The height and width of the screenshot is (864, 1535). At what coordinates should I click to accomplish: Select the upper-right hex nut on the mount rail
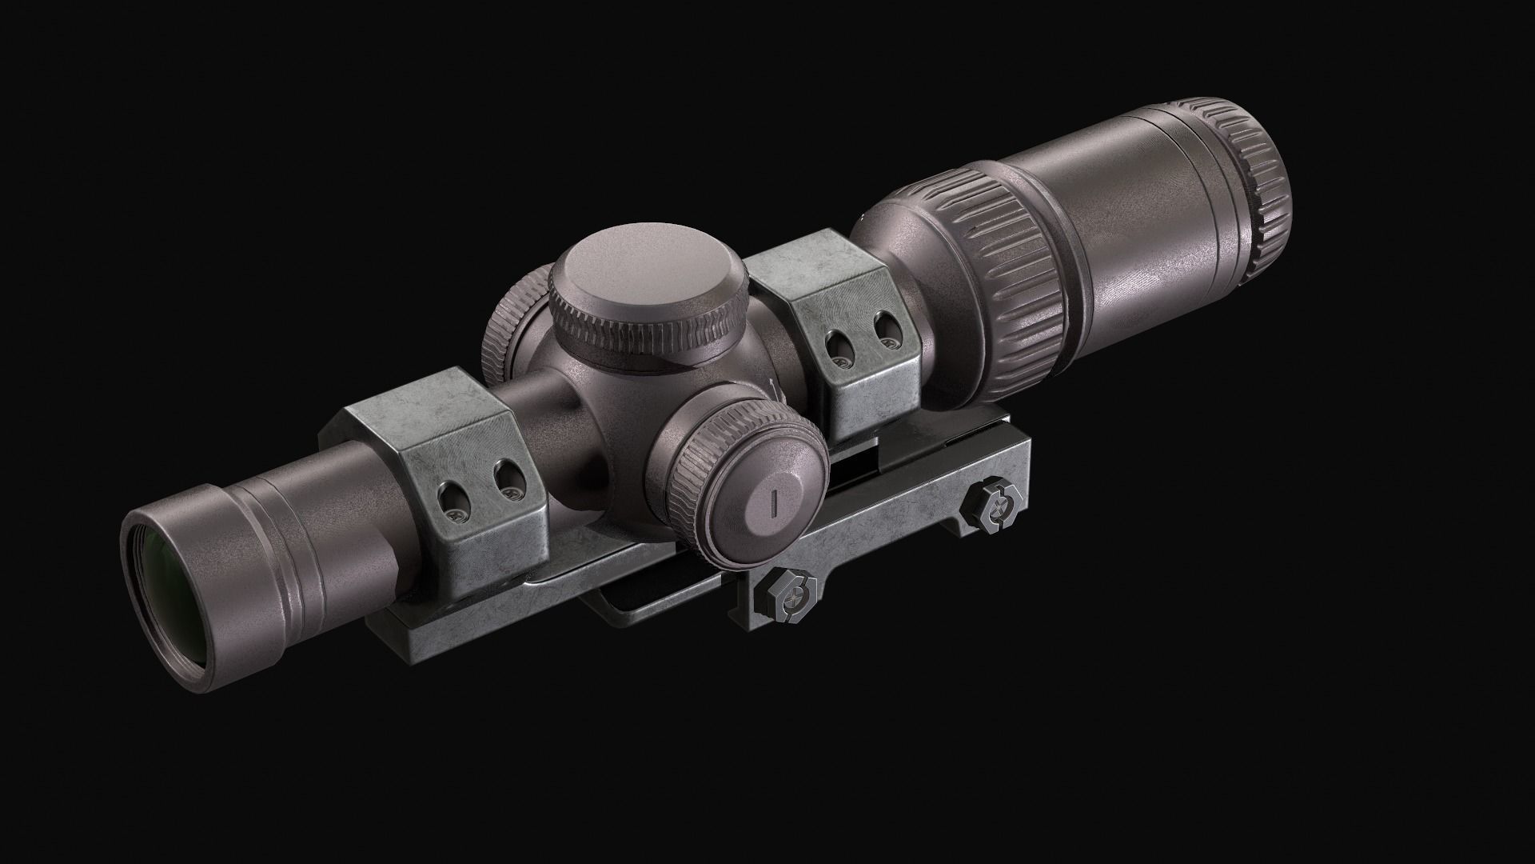[x=995, y=505]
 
